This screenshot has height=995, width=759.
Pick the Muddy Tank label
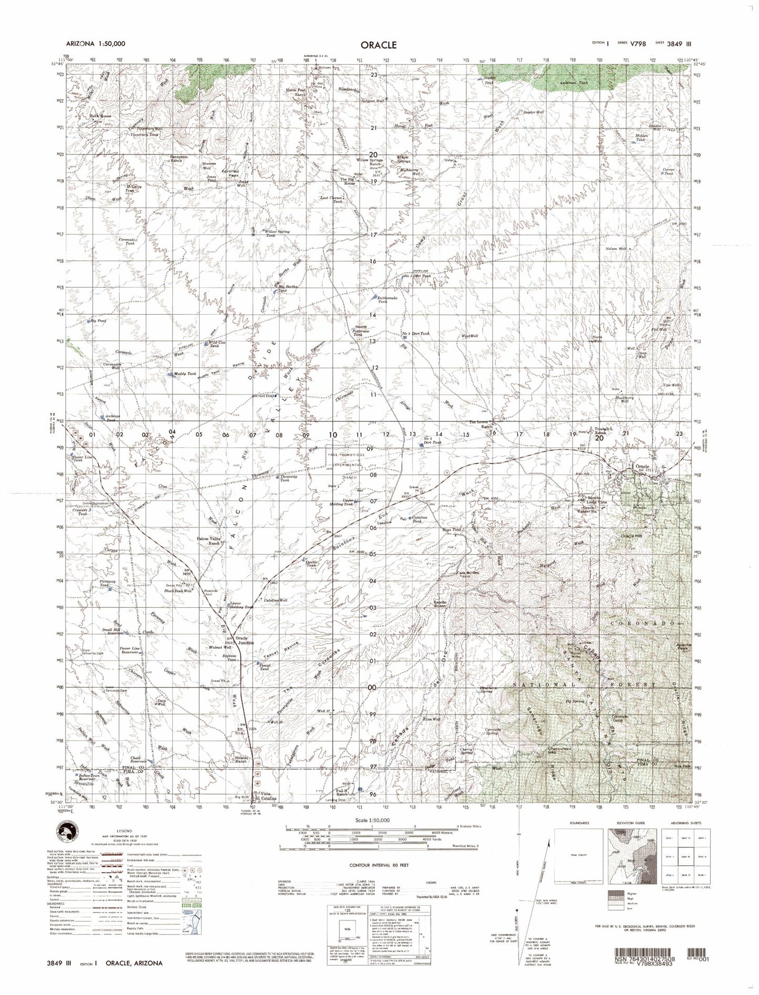tap(185, 374)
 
